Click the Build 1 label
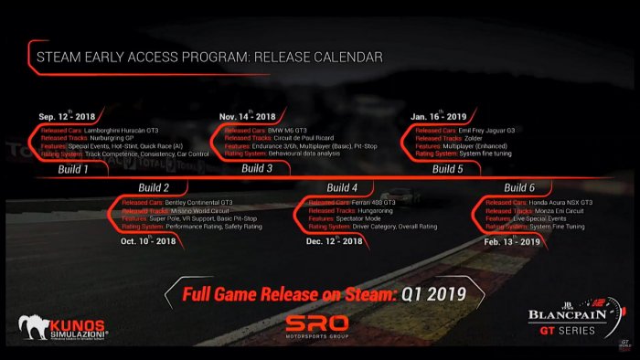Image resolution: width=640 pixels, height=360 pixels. point(74,168)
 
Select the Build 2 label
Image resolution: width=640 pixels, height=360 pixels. point(154,187)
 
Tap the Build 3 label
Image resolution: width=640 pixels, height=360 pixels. point(257,168)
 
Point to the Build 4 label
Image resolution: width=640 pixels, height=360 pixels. point(342,187)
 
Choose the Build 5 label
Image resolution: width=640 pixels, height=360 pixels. point(447,168)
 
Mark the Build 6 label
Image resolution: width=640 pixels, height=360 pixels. point(519,187)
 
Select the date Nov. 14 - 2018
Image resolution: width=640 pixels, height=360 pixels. point(248,117)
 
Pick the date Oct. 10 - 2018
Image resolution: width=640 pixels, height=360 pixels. point(147,240)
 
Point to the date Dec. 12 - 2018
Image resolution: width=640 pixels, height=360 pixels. point(333,240)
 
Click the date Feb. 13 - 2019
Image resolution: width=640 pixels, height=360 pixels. point(512,240)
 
